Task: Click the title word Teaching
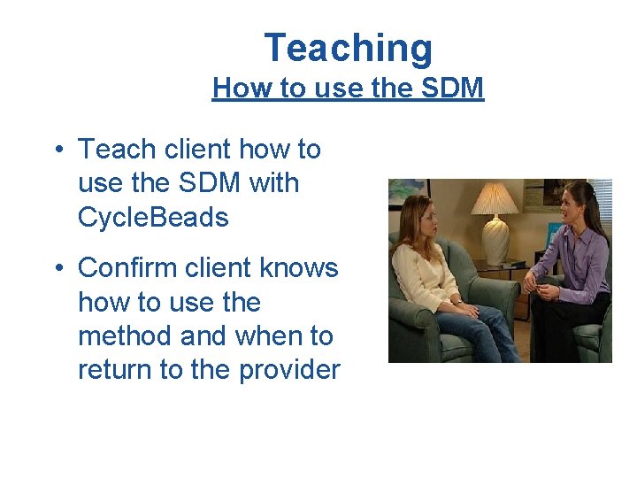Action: pos(348,48)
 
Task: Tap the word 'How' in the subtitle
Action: pos(234,89)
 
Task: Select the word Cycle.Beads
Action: pos(153,217)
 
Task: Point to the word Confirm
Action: pos(132,267)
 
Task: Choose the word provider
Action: pos(288,370)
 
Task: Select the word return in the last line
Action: pos(115,369)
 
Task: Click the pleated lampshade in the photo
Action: pos(494,200)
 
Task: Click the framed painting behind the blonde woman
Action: pos(408,189)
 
